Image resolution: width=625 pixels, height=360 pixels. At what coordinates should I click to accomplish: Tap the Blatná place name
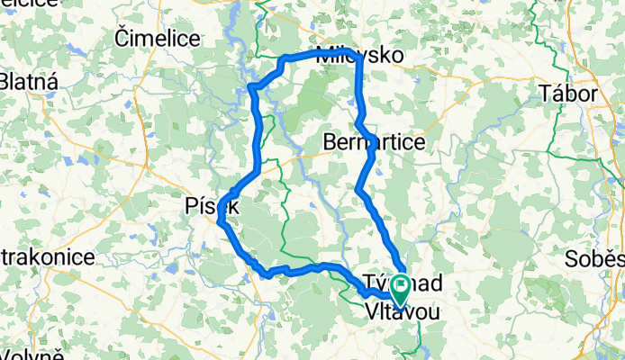tap(29, 83)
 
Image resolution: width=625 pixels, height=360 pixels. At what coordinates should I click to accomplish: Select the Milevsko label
tap(360, 55)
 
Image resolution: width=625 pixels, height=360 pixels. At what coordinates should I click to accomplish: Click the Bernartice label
tap(374, 142)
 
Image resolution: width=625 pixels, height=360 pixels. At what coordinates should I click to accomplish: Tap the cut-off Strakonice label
tap(47, 257)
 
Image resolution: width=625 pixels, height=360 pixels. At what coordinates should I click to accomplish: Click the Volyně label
tap(32, 353)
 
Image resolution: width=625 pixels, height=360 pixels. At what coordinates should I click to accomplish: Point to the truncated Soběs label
tap(595, 259)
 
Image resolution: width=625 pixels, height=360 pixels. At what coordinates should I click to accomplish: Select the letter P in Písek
tap(189, 205)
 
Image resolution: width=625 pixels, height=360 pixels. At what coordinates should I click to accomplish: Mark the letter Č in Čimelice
tap(122, 37)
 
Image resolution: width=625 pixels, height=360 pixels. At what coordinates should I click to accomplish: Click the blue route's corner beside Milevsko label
tap(359, 57)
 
